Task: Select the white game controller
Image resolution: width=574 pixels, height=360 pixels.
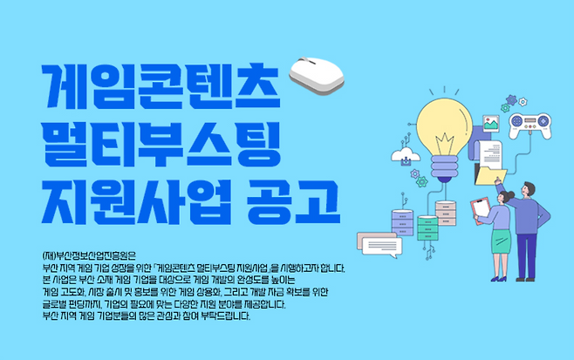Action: pos(529,123)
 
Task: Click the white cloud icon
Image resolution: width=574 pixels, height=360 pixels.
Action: pos(406,157)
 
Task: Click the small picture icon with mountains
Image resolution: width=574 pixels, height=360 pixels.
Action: pos(491,125)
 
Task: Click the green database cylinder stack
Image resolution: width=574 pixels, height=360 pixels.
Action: pos(426,228)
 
